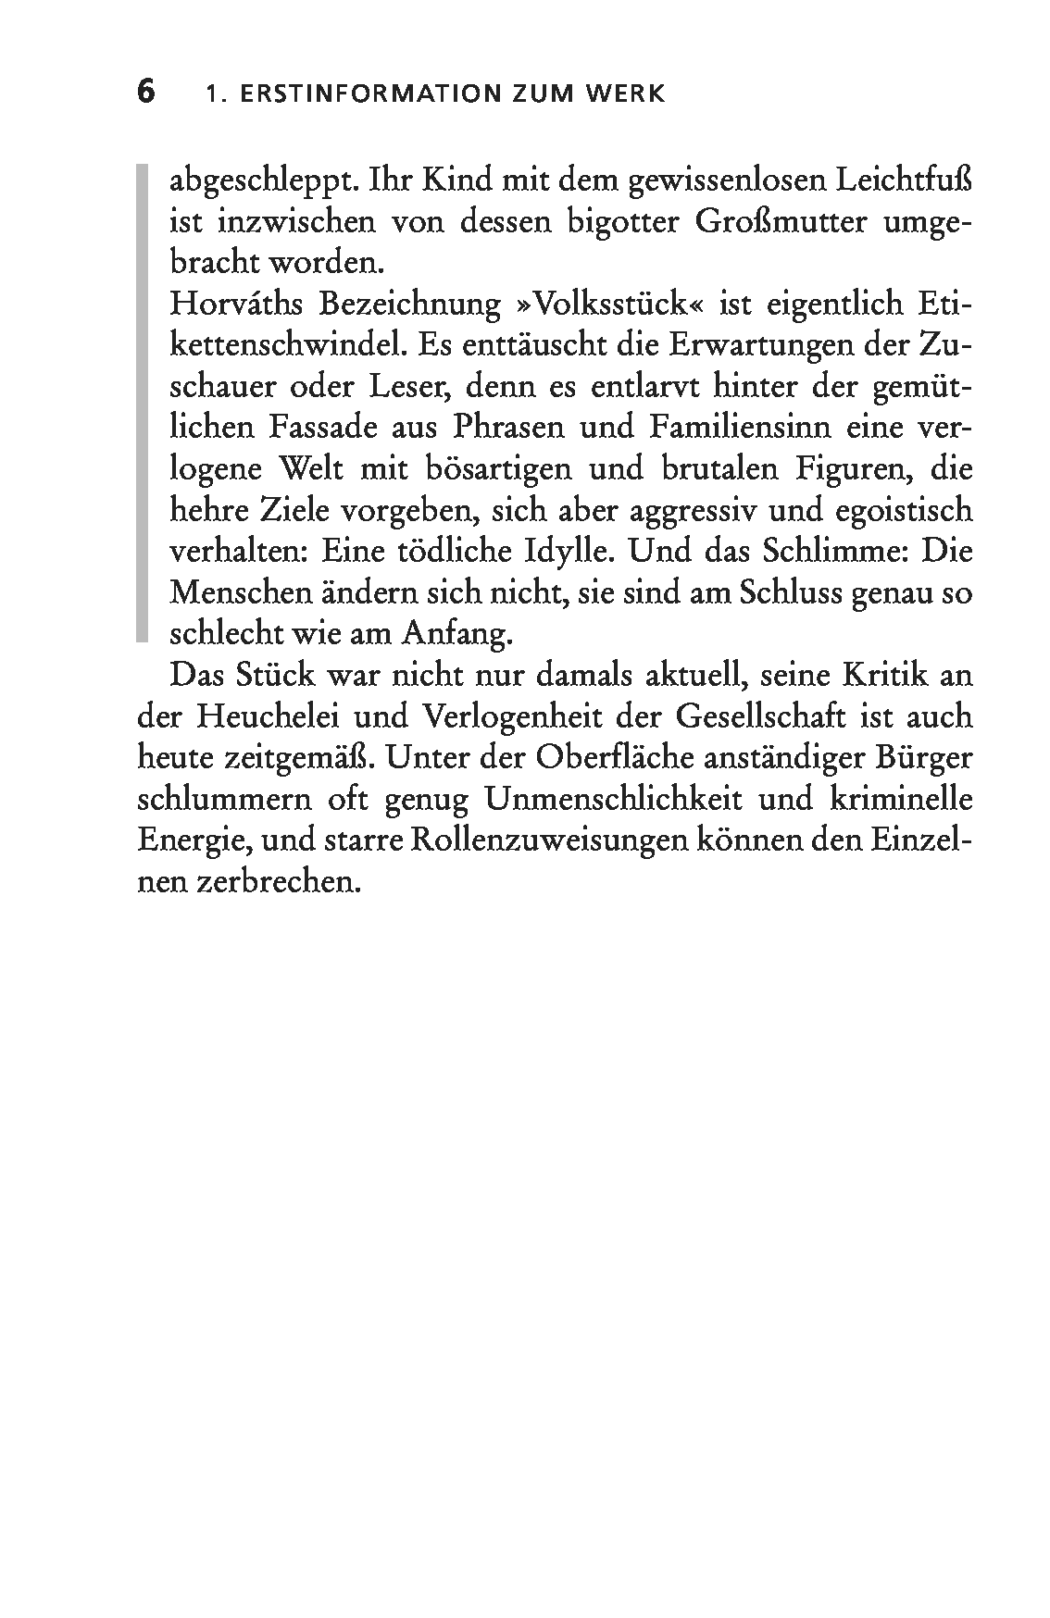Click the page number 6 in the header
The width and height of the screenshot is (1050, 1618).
pyautogui.click(x=146, y=93)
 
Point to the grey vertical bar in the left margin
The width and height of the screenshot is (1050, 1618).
pyautogui.click(x=142, y=402)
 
